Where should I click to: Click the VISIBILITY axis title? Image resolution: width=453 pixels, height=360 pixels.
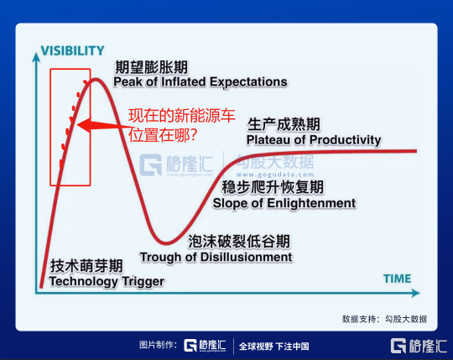click(72, 51)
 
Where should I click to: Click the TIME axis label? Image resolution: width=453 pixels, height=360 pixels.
click(398, 279)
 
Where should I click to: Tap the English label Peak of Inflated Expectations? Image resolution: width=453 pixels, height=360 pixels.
click(200, 82)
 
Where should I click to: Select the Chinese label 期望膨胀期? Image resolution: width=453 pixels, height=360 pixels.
click(151, 67)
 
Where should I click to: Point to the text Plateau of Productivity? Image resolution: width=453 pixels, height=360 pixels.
click(314, 140)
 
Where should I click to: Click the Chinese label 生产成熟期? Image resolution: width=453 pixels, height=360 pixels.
click(284, 124)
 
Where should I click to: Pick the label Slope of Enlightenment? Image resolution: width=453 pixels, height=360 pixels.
click(284, 203)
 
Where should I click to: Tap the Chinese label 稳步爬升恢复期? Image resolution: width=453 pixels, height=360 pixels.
click(273, 187)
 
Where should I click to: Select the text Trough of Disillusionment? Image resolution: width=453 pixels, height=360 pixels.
click(216, 257)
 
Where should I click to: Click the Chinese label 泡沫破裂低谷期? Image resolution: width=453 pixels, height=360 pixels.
click(239, 241)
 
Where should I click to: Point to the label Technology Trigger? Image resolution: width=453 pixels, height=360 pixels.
click(107, 281)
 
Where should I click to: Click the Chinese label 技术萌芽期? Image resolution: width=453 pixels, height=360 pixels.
click(86, 266)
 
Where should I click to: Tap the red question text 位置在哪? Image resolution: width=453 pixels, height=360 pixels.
click(163, 135)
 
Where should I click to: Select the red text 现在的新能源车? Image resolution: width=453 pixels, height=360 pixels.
click(182, 116)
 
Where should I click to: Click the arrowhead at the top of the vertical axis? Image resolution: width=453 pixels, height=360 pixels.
click(36, 57)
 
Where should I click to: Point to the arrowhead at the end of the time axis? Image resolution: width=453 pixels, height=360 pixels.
click(415, 293)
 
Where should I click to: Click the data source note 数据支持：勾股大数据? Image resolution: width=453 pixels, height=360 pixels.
click(384, 319)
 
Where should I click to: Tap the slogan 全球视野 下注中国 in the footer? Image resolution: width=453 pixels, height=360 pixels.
click(273, 346)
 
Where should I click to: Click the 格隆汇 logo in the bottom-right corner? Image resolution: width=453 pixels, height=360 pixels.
click(419, 346)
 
